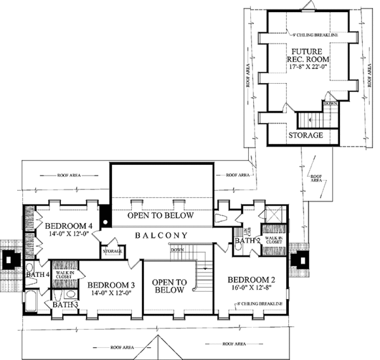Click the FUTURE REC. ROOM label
click(307, 56)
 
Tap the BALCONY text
click(161, 236)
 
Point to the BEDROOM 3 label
click(111, 285)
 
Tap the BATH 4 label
click(37, 274)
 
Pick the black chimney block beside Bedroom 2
click(303, 259)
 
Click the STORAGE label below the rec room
click(306, 135)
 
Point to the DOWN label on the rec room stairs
click(329, 103)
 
